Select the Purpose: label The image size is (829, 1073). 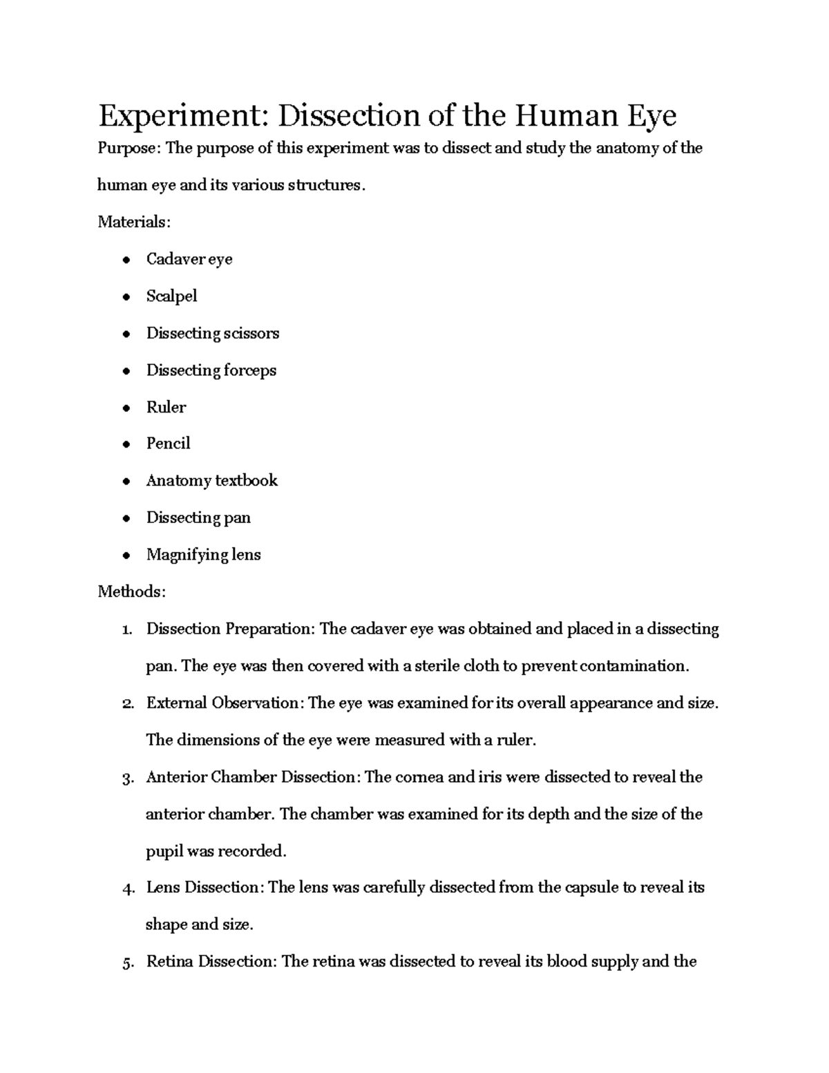[126, 149]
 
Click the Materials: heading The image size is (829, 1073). [133, 222]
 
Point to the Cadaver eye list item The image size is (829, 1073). [189, 259]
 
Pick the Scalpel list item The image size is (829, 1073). [171, 296]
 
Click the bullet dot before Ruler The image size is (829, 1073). [126, 408]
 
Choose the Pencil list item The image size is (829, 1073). [168, 444]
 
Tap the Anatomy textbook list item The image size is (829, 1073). [211, 481]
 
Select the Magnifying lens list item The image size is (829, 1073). [203, 555]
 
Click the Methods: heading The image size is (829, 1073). [131, 592]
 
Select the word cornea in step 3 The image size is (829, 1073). [419, 777]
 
